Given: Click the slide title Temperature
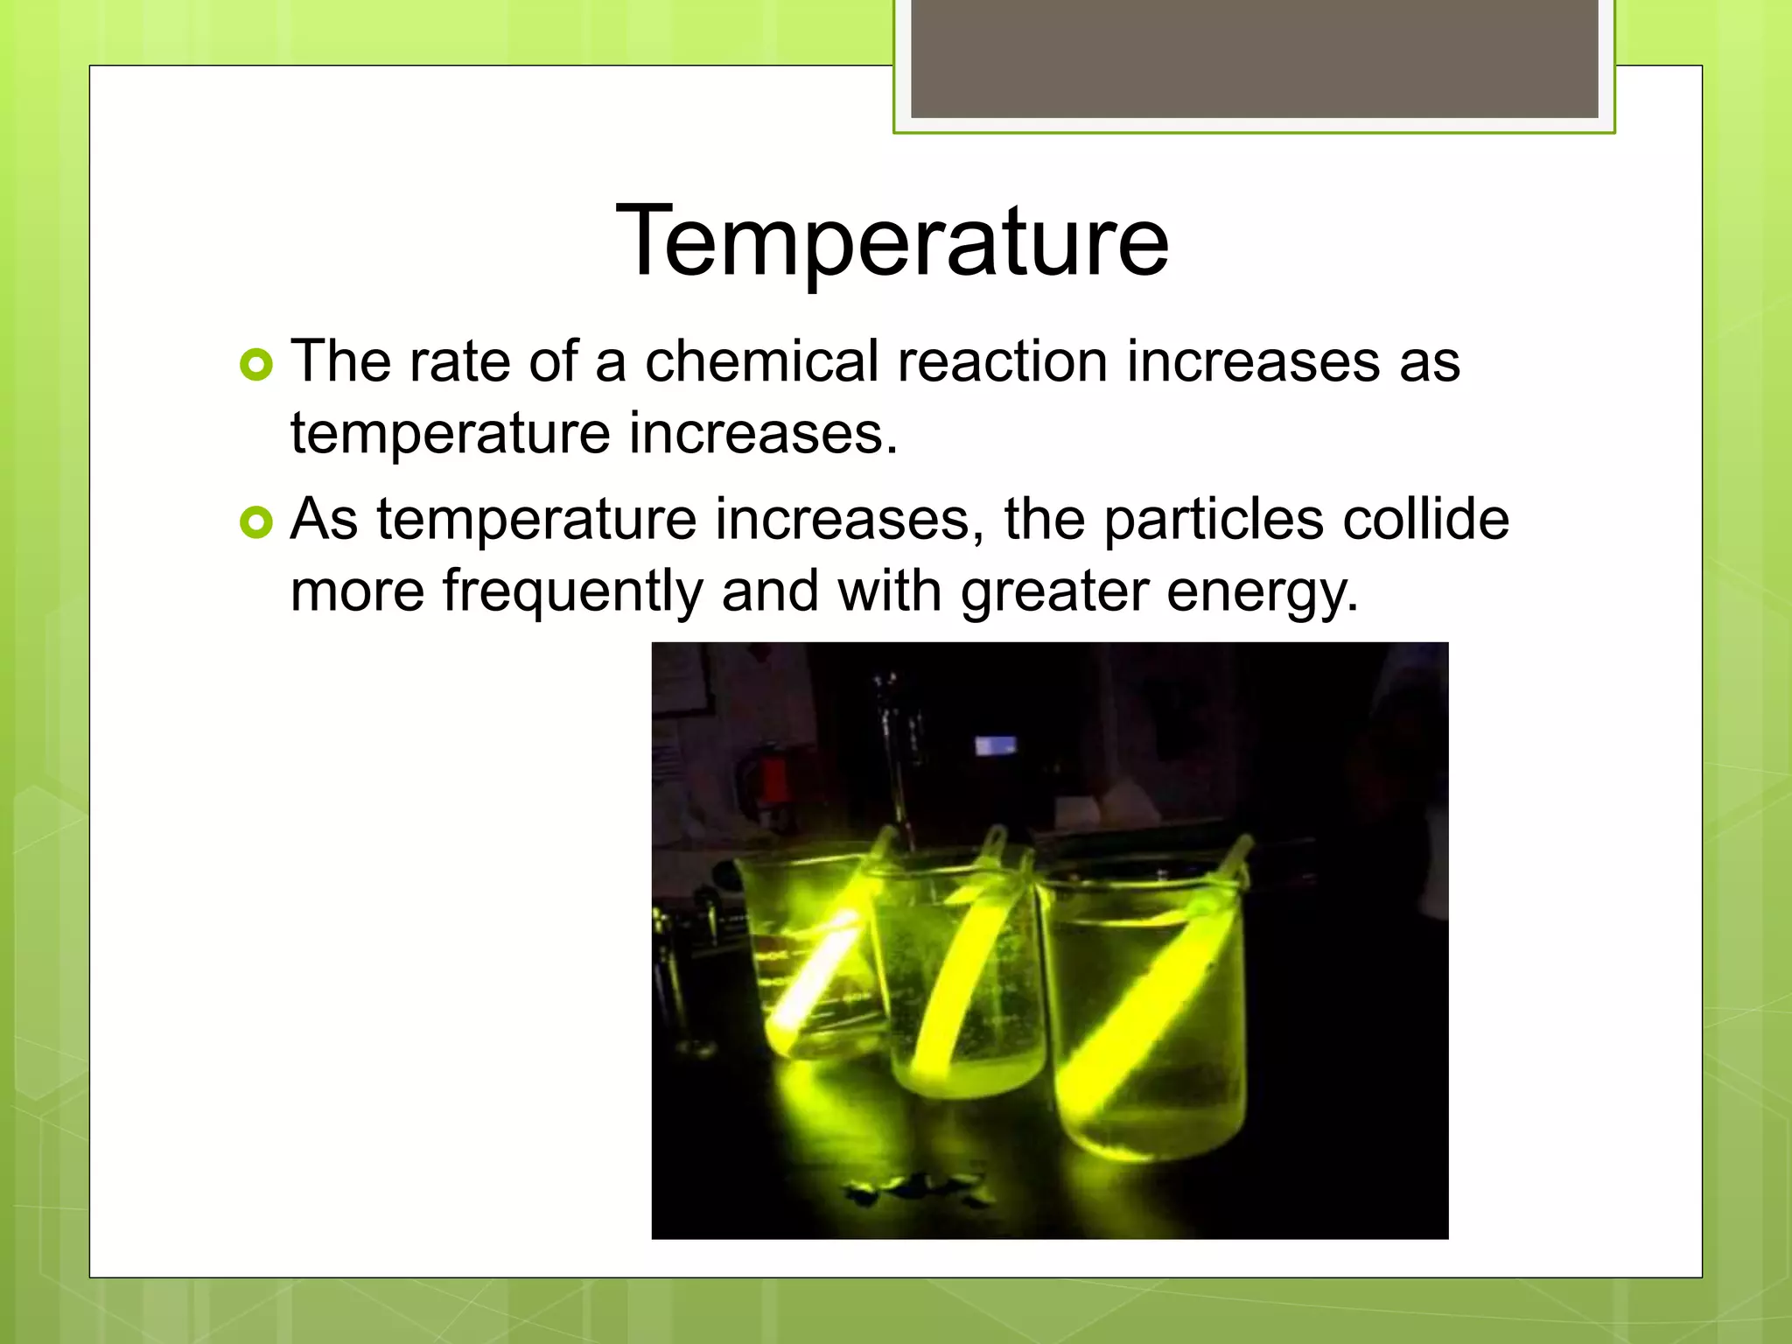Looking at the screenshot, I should click(892, 241).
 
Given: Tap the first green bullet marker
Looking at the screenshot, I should click(255, 365).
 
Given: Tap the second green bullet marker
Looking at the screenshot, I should click(255, 523).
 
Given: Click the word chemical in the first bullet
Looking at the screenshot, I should click(761, 361).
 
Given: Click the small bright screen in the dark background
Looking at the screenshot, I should click(996, 746).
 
